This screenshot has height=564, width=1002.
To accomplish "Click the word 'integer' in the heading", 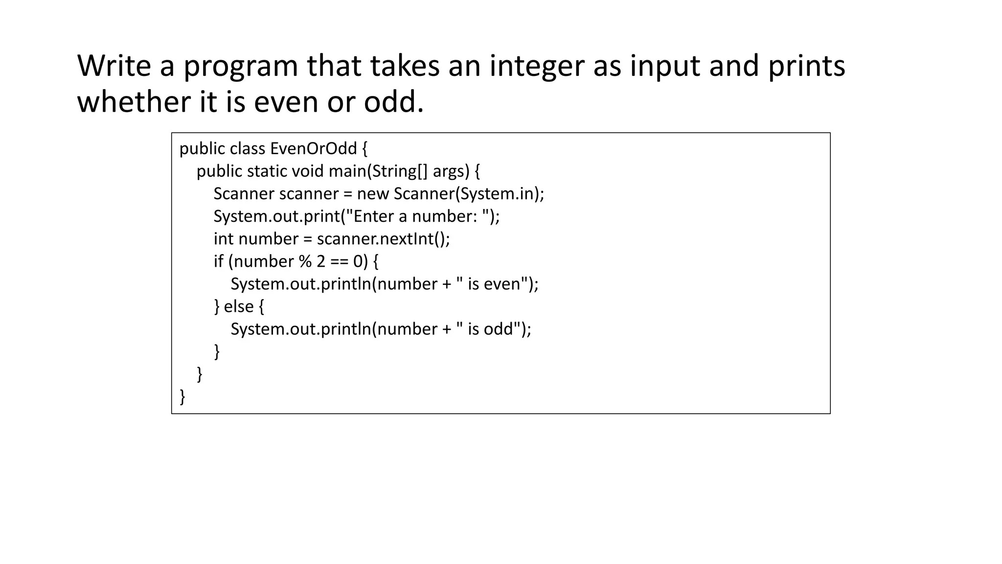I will [536, 66].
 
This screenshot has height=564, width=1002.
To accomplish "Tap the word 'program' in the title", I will [240, 66].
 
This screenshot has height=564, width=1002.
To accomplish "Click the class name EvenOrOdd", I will [313, 148].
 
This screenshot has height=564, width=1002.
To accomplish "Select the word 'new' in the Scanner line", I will [373, 194].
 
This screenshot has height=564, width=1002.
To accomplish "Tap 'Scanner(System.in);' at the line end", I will [469, 194].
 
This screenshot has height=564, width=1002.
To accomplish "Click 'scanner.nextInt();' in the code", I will [383, 239].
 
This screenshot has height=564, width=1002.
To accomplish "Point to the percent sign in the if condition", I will [305, 261].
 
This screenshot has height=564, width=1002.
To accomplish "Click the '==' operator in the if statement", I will [339, 261].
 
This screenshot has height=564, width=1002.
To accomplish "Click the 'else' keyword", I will [239, 306].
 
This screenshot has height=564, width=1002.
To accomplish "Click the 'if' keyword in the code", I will [218, 261].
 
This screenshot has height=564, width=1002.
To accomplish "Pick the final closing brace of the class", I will [182, 396].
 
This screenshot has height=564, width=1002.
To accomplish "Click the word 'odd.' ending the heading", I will [393, 102].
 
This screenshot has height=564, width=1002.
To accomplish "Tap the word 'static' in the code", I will [267, 171].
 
